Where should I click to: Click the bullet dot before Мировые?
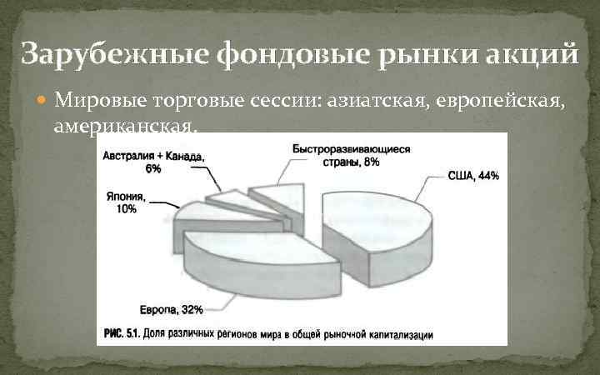(44, 102)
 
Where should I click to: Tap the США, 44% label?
(472, 176)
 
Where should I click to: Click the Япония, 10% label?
(126, 202)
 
